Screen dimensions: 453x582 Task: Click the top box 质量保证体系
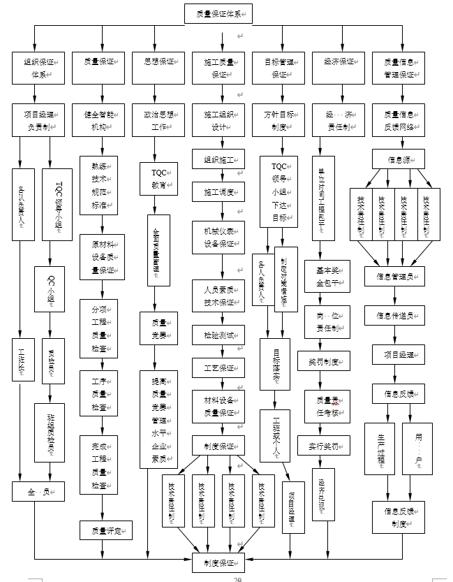(218, 14)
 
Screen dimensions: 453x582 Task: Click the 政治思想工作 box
(158, 119)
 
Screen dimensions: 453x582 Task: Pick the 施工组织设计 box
(218, 119)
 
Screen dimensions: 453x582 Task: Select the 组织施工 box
(218, 159)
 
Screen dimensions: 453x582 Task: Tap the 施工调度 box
(218, 191)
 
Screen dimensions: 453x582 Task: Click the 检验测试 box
(218, 335)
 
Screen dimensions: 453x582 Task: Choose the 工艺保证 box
(218, 368)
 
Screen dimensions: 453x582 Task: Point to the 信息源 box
(398, 159)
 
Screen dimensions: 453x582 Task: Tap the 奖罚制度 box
(322, 363)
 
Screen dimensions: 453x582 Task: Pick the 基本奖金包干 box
(322, 272)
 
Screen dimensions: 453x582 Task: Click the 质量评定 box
(105, 530)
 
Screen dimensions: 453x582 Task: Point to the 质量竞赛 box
(158, 329)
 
